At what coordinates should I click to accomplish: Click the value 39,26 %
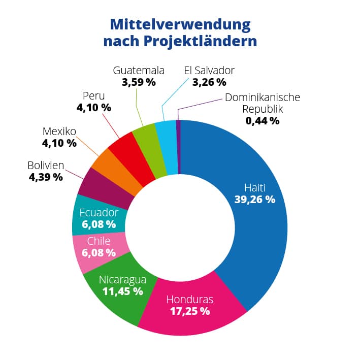254,199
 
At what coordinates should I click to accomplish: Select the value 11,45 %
122,291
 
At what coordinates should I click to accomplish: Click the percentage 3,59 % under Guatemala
139,82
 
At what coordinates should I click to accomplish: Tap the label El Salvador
209,70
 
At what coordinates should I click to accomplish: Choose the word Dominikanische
263,97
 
